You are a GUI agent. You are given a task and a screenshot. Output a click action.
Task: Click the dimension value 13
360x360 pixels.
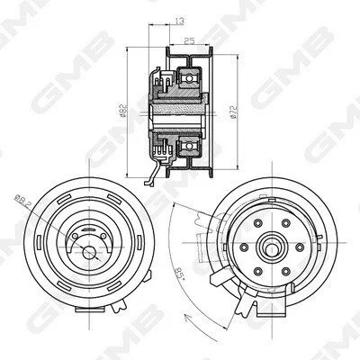click(179, 22)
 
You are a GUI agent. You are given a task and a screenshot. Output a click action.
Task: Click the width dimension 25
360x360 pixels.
click(189, 40)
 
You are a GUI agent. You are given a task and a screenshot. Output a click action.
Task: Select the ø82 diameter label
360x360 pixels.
click(122, 111)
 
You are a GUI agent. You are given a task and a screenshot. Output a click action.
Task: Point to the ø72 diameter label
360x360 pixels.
click(234, 112)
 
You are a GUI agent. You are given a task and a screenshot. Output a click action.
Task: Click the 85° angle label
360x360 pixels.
click(179, 273)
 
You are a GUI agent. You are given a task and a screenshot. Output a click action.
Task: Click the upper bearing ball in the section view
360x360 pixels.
click(189, 78)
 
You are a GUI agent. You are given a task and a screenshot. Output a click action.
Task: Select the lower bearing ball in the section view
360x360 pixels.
click(189, 146)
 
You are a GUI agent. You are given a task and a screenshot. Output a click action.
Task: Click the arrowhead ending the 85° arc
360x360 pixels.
click(187, 316)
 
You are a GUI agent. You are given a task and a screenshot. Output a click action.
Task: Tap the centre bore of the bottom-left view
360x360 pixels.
click(89, 253)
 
